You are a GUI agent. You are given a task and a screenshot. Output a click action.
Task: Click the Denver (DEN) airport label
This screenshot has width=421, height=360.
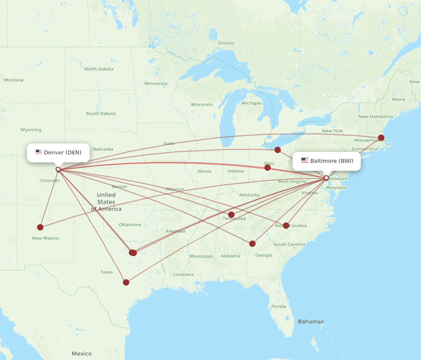(x=58, y=152)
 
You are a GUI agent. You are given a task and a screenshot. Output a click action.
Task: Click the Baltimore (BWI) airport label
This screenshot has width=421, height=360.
(x=327, y=161)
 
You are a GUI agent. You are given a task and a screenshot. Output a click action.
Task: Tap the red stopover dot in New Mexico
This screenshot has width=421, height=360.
(x=40, y=227)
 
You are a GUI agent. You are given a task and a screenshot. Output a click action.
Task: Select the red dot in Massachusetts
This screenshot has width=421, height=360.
(x=381, y=138)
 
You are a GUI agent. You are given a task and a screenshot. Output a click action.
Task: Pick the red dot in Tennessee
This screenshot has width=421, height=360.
(x=231, y=214)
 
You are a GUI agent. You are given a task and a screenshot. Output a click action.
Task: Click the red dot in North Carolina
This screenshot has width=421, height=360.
(x=286, y=225)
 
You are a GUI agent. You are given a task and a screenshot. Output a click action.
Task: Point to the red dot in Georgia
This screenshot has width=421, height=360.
(x=252, y=244)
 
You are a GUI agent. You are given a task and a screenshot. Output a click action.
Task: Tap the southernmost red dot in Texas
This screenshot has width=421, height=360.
(x=126, y=282)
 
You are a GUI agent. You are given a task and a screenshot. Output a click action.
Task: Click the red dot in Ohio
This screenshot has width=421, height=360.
(x=267, y=167)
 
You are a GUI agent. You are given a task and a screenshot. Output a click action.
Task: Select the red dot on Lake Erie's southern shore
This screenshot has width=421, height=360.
(x=277, y=150)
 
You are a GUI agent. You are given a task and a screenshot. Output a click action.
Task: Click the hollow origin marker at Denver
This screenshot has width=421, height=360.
(x=58, y=169)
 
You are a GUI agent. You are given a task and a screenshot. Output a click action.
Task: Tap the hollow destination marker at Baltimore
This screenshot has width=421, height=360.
(x=326, y=178)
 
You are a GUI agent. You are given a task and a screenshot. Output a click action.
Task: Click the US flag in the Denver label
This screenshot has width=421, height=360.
(x=39, y=152)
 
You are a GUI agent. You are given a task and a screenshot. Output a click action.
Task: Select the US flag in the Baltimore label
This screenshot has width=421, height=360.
(x=305, y=161)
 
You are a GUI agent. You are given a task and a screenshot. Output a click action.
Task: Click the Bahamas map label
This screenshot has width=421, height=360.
(x=311, y=322)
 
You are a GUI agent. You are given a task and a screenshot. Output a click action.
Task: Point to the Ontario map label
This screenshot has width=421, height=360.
(x=226, y=43)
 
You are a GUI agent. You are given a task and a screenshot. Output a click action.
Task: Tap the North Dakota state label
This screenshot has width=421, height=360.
(x=99, y=69)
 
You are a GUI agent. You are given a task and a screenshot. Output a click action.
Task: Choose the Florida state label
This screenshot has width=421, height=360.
(x=279, y=306)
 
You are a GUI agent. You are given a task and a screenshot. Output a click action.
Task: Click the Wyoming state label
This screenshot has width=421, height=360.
(x=31, y=130)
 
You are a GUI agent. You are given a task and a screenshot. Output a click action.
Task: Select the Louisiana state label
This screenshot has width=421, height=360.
(x=183, y=274)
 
